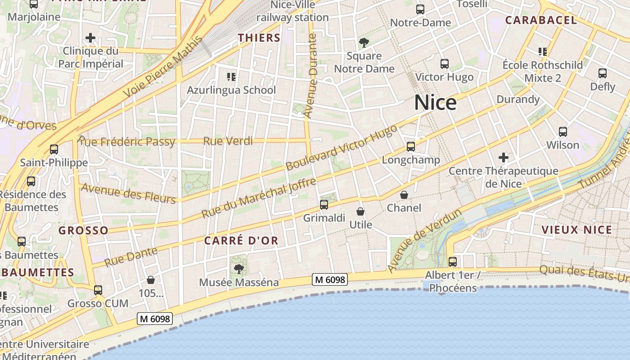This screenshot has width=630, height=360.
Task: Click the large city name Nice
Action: [435, 103]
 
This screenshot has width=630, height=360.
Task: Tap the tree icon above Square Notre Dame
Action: [364, 43]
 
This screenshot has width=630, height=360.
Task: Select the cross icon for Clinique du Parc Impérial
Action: [90, 38]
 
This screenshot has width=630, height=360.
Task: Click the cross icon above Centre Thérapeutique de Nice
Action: [504, 157]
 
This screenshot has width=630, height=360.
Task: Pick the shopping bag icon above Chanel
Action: [404, 195]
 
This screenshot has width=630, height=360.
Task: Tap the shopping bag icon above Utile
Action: [360, 211]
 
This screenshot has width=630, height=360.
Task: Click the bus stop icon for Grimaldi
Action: [324, 205]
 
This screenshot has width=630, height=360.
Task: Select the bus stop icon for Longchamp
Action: [410, 146]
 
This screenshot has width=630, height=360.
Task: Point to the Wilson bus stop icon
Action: [562, 132]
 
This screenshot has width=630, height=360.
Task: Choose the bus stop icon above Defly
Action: [602, 73]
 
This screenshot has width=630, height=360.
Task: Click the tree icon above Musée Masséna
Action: [238, 269]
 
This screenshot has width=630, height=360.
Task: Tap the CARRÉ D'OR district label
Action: [241, 241]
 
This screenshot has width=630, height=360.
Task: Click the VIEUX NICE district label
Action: [576, 230]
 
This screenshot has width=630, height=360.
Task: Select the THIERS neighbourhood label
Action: [259, 38]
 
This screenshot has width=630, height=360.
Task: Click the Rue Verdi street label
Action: [228, 141]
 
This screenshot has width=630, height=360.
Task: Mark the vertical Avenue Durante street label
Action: [310, 76]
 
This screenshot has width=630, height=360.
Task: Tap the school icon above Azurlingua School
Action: [231, 76]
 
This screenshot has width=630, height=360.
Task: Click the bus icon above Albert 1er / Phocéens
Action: [452, 261]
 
